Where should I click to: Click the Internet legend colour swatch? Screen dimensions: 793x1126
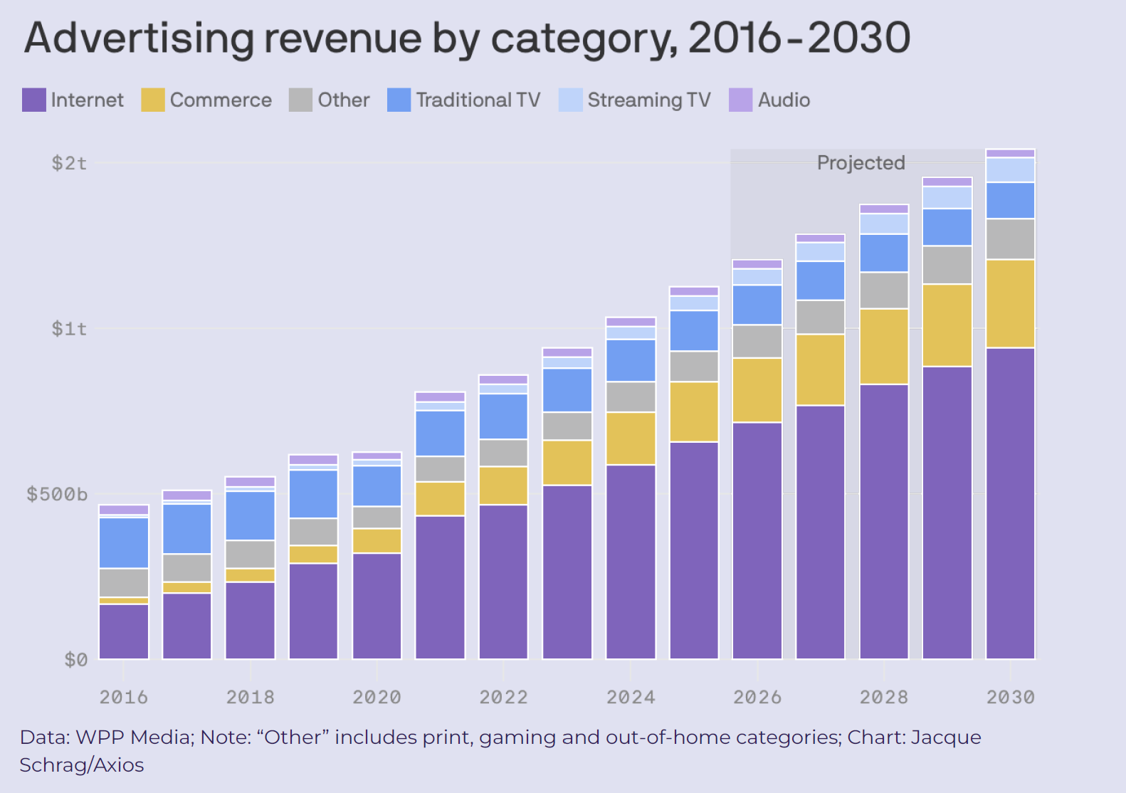[34, 100]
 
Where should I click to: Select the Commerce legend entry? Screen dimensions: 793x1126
[221, 100]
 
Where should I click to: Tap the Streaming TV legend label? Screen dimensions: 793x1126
[648, 100]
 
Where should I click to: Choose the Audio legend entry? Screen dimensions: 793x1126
[784, 100]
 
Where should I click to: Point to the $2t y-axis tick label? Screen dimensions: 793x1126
[69, 163]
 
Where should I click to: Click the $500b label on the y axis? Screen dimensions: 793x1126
[57, 494]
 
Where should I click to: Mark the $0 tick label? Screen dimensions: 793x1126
[75, 660]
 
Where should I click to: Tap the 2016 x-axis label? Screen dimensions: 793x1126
[123, 697]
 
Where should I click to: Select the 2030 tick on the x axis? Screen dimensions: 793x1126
[1010, 697]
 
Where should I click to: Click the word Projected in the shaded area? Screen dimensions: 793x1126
[861, 163]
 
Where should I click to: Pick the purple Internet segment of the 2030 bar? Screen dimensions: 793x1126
[1010, 503]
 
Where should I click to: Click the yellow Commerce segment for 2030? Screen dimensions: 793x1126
[1010, 303]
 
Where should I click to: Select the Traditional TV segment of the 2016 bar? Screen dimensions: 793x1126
[123, 542]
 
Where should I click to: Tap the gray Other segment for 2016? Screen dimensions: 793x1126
[123, 582]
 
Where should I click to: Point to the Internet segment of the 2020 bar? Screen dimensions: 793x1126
[377, 606]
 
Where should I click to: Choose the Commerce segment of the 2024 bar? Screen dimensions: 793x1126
[630, 438]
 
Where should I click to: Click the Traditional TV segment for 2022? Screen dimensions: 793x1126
[503, 416]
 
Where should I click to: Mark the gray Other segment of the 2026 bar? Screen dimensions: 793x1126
[757, 342]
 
